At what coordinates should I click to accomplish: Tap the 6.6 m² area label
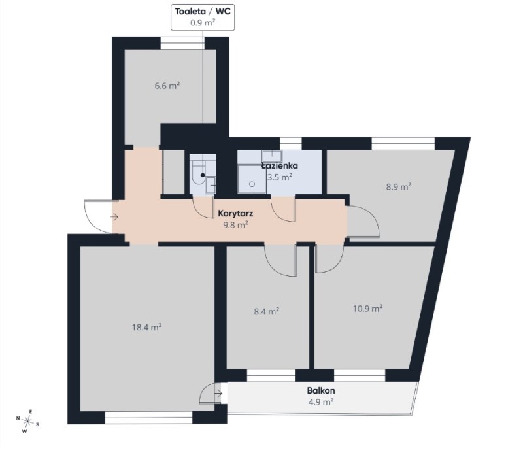167,86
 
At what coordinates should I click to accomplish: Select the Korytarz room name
235,213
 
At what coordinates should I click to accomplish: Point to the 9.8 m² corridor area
235,225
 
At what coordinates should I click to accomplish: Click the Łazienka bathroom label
280,166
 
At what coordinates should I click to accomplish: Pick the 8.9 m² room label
399,186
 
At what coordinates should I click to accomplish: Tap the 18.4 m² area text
146,327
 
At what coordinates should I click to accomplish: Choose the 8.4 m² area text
267,311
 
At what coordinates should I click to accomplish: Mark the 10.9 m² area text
367,308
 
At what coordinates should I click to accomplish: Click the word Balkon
321,390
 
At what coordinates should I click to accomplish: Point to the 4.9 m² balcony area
321,401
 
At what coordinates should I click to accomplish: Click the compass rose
27,422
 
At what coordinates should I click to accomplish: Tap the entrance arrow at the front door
114,218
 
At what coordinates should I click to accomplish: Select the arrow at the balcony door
218,394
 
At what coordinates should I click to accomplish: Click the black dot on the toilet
203,175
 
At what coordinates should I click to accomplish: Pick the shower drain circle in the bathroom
252,184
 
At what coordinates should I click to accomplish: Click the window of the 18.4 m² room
149,417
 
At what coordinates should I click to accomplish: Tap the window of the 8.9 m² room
403,143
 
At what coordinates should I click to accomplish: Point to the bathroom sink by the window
272,156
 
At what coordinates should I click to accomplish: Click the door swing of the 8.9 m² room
363,222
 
